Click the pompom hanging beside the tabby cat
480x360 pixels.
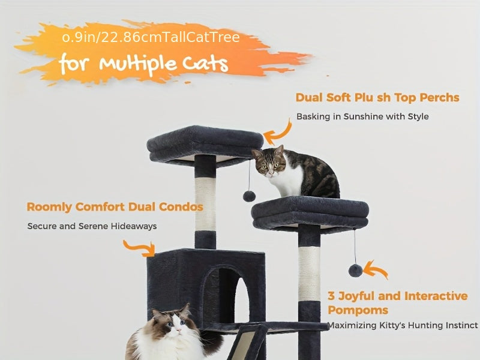point(249,196)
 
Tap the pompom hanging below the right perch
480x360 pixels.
point(355,271)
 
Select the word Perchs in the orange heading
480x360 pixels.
point(440,98)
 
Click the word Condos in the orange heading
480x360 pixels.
point(181,207)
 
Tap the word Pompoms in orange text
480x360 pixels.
point(358,310)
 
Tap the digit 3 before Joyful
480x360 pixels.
point(331,296)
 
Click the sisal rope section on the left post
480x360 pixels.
point(205,204)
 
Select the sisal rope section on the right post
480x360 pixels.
point(309,274)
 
